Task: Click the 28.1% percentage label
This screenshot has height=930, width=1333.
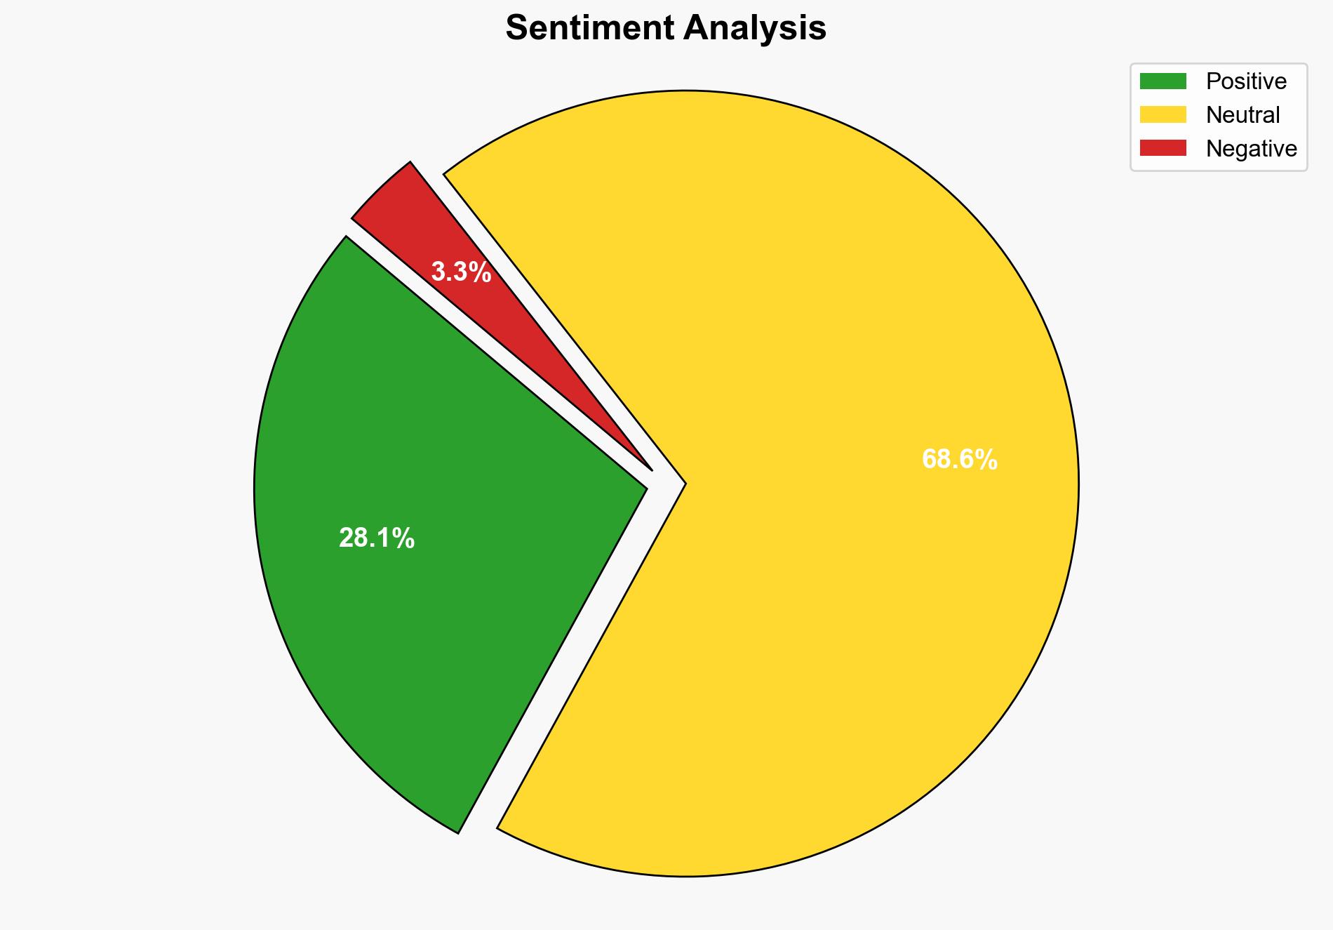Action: point(377,539)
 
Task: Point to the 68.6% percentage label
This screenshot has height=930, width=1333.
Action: point(959,460)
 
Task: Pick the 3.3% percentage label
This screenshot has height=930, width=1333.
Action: point(461,272)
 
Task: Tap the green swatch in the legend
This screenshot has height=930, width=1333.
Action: point(1163,81)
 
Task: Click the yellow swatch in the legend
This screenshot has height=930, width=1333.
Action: point(1163,114)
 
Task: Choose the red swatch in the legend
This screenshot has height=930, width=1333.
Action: point(1163,148)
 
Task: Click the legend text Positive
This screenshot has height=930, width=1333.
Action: point(1246,81)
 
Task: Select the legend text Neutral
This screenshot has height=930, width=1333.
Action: point(1242,115)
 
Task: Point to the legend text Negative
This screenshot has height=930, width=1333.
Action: point(1251,149)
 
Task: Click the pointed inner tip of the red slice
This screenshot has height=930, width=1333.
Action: point(651,469)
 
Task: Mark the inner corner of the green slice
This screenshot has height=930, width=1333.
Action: point(645,487)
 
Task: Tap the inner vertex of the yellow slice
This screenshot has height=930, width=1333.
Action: point(684,484)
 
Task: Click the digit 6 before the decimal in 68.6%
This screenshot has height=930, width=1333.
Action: point(929,460)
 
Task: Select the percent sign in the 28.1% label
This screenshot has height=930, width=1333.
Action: point(406,539)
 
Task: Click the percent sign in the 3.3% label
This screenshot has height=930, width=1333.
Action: point(482,272)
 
